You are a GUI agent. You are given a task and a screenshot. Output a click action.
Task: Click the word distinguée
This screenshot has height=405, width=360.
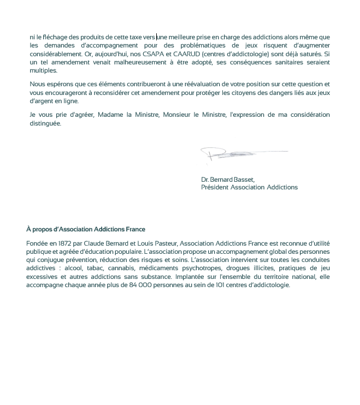(x=45, y=123)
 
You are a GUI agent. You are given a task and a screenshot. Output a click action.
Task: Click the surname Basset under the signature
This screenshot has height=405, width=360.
(x=244, y=179)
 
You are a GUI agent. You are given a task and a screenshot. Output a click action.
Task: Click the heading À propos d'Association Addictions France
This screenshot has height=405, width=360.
(x=86, y=229)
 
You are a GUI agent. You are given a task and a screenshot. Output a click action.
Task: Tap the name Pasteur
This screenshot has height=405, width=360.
(x=163, y=243)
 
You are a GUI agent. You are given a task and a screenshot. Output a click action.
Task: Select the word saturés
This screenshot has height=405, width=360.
(x=310, y=54)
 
